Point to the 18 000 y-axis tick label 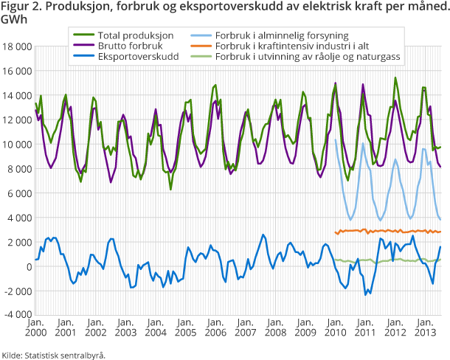[16, 46]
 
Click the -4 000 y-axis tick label [16, 314]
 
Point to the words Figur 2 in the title [20, 7]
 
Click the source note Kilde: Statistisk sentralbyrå [54, 354]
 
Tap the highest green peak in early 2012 [395, 78]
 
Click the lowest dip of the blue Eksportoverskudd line [366, 294]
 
